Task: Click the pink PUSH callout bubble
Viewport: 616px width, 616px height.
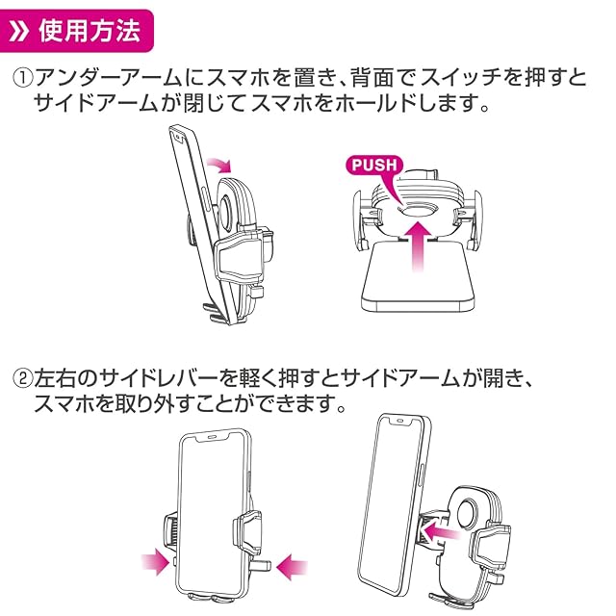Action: click(374, 165)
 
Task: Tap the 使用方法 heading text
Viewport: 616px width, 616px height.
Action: click(90, 31)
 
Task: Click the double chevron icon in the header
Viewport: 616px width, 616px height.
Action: click(19, 31)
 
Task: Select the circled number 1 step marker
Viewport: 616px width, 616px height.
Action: click(23, 78)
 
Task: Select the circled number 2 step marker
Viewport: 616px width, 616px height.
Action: click(23, 378)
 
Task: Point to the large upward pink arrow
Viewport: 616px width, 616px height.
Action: click(418, 246)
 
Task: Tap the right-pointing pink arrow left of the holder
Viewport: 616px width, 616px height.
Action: click(156, 562)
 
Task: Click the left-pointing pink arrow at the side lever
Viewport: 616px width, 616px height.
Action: click(292, 567)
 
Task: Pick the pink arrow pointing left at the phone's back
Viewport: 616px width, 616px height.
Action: click(441, 533)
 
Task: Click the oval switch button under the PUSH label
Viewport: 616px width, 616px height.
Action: click(417, 210)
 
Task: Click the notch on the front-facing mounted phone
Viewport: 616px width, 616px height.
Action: click(212, 436)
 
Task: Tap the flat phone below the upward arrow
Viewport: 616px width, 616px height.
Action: click(418, 278)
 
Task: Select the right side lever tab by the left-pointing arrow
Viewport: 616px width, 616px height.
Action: click(261, 565)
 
